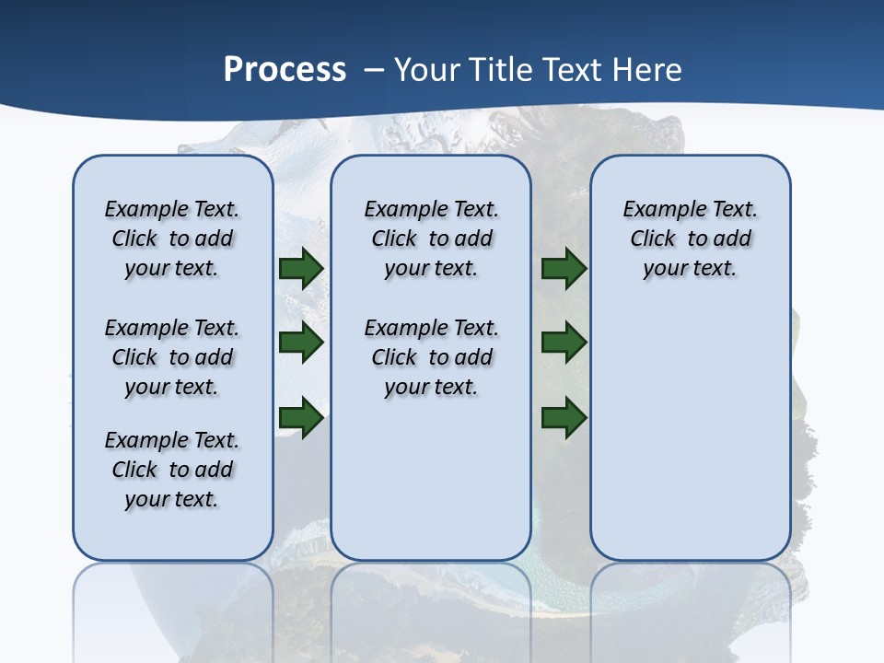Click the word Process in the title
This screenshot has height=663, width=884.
285,70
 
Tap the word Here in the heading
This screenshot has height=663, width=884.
650,70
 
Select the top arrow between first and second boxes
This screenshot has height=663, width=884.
301,268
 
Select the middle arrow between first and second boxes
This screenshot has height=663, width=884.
301,343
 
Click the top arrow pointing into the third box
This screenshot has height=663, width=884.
564,268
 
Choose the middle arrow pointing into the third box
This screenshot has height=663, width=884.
564,343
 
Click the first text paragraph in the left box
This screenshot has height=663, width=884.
172,238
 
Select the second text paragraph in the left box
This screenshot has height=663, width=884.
172,357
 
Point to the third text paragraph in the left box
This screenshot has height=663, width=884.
172,470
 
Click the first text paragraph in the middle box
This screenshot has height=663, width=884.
431,238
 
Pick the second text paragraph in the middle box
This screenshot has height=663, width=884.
431,357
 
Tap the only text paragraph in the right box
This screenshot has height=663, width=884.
690,238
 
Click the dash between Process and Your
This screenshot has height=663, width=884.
374,70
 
